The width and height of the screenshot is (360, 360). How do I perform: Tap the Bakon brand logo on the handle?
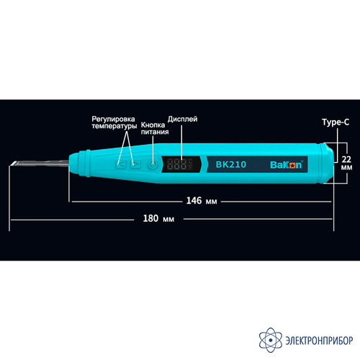tap(287, 165)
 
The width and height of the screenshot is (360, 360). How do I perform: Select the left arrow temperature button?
tap(121, 164)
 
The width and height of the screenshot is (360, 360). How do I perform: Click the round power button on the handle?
tap(153, 165)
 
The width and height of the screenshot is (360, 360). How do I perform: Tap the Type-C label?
tap(336, 122)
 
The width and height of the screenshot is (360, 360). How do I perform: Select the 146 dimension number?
tap(194, 201)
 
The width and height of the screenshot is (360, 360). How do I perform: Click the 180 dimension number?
tap(150, 218)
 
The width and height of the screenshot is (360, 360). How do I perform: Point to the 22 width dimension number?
tap(346, 159)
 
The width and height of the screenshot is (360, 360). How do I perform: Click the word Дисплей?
tap(182, 119)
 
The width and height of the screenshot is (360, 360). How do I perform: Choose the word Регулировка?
tap(113, 119)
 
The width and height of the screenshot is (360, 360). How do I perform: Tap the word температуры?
tap(114, 126)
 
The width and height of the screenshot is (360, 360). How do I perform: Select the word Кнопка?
tap(153, 125)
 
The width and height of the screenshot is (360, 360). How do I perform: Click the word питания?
tap(155, 132)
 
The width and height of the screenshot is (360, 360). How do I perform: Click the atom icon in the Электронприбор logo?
tap(271, 340)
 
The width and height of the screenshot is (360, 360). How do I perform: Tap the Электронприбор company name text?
tap(319, 341)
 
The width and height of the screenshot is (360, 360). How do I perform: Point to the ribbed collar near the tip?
tap(84, 163)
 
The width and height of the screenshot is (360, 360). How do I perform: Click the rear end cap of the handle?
tap(327, 163)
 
